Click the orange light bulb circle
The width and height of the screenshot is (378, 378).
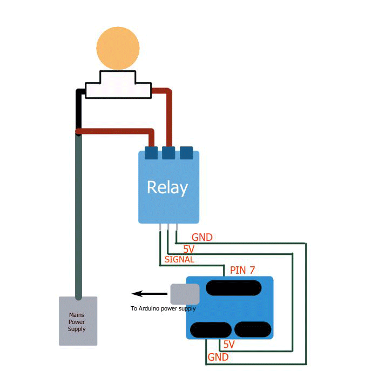[x=118, y=48]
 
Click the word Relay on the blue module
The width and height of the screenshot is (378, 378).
[x=167, y=187]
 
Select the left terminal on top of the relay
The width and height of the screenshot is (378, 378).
[x=151, y=153]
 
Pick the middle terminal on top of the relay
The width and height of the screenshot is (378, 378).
[x=168, y=153]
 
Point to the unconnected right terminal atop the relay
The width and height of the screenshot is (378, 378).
[x=186, y=153]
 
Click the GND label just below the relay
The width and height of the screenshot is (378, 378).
[x=202, y=237]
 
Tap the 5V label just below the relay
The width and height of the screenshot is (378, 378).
[x=188, y=249]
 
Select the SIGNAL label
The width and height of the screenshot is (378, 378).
[x=179, y=259]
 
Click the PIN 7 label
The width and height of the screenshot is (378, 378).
[x=242, y=270]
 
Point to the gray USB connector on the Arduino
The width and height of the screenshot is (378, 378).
[x=185, y=294]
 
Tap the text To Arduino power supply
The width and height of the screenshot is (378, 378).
[x=163, y=309]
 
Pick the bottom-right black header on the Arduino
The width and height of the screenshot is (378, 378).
[x=253, y=329]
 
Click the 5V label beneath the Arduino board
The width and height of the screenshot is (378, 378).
[x=229, y=345]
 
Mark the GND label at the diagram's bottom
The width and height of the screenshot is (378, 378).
[x=218, y=357]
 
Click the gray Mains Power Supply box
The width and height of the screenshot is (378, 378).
[x=78, y=321]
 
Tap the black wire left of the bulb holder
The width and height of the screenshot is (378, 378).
[x=79, y=105]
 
